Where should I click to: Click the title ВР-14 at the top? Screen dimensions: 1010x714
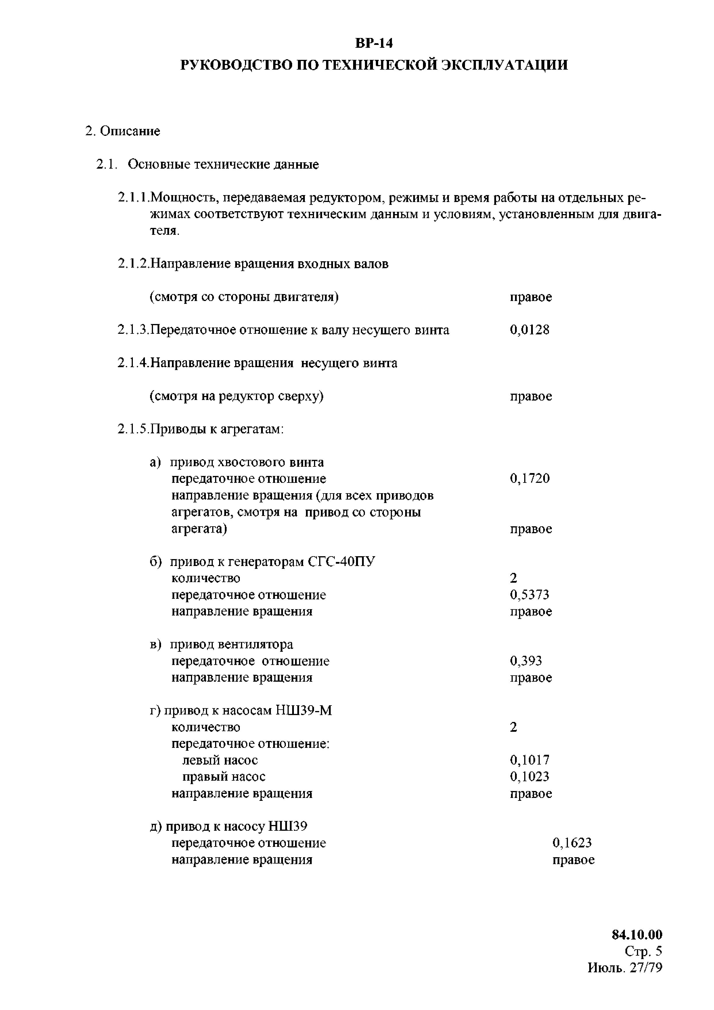[374, 43]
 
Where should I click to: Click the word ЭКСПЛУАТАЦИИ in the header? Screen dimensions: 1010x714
[504, 65]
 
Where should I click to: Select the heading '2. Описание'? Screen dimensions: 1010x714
[123, 131]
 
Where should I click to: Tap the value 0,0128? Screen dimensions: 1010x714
[529, 330]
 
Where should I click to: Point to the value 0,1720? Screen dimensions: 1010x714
[529, 479]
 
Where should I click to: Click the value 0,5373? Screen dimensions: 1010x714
[529, 595]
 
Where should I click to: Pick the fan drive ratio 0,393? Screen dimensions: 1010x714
[526, 661]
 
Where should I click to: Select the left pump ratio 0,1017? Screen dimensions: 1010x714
[529, 760]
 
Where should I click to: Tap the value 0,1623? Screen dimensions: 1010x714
[572, 843]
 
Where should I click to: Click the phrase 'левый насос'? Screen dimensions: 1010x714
[220, 760]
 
